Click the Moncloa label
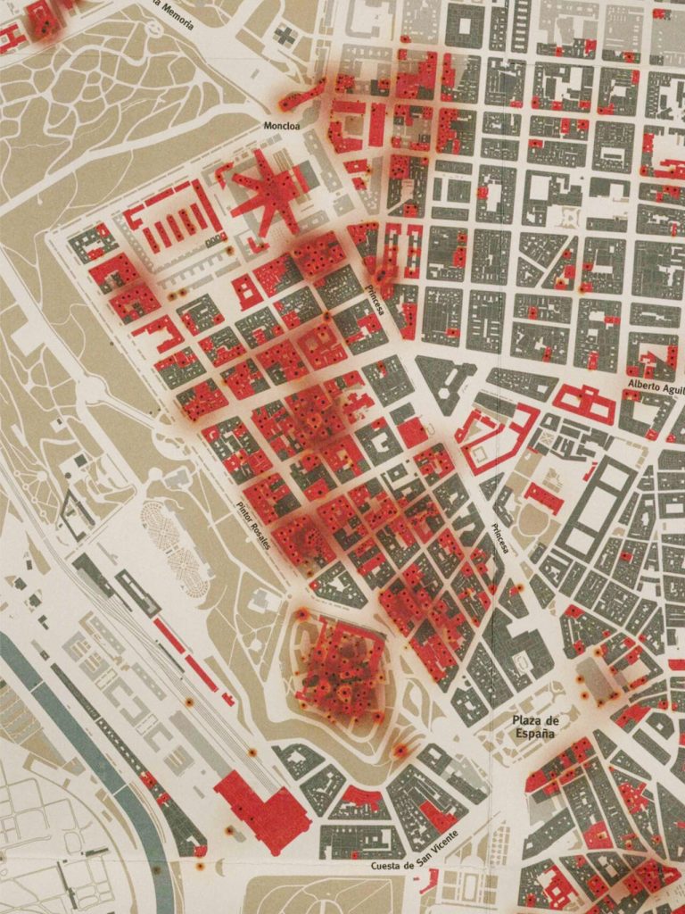(x=285, y=126)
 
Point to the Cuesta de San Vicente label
(x=416, y=852)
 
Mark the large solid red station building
(x=263, y=808)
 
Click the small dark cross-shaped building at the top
(x=286, y=36)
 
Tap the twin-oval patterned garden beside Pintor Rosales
(x=175, y=540)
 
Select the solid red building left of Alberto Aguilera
(x=584, y=403)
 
